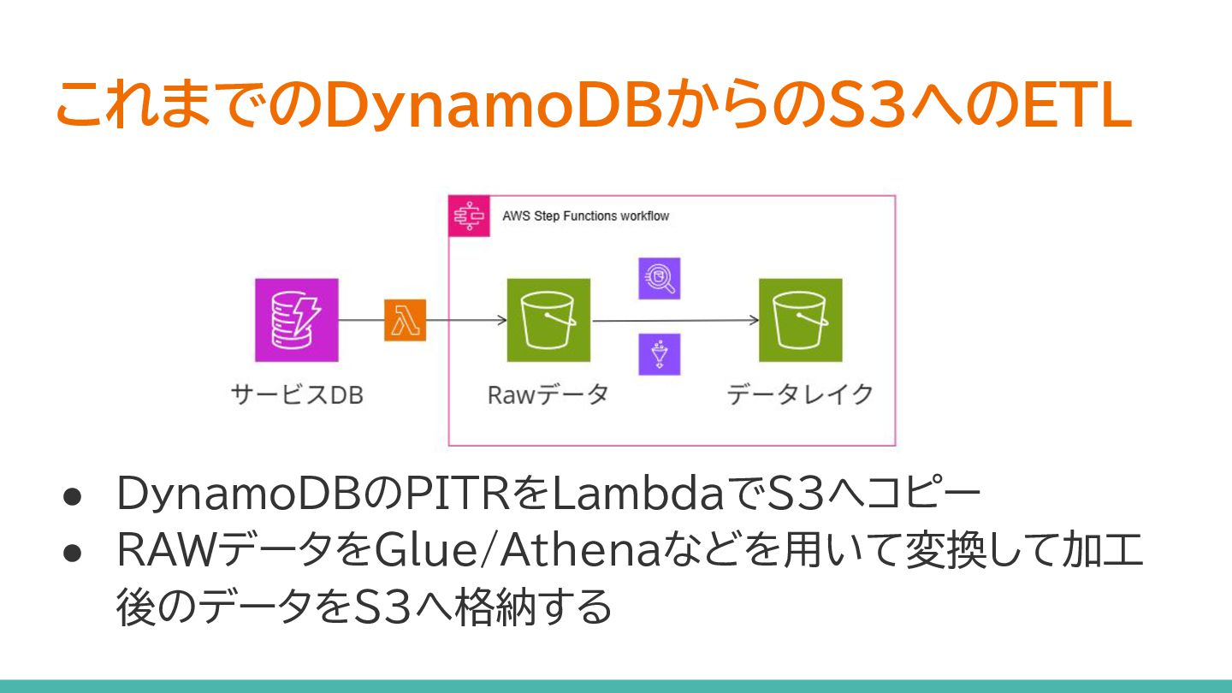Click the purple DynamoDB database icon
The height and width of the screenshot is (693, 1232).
296,320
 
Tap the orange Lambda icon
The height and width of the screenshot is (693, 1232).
405,321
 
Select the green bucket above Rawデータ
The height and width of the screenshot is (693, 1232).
548,320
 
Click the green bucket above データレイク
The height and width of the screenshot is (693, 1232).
800,320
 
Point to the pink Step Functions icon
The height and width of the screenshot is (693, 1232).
470,216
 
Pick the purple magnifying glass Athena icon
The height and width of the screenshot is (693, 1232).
659,278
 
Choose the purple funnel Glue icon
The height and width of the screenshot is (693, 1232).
659,354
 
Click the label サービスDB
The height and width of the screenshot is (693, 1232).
297,395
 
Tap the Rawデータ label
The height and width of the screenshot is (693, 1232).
548,395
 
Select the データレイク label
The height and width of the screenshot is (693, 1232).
800,394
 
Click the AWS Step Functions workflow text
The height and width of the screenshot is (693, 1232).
585,216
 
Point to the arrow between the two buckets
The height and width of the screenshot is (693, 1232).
676,321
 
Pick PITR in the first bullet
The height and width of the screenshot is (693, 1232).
453,495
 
